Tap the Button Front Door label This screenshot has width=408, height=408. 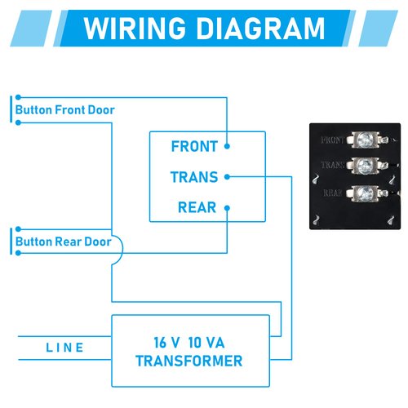(x=66, y=109)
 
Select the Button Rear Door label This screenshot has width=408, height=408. (x=63, y=242)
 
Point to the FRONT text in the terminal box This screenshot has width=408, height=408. (x=194, y=147)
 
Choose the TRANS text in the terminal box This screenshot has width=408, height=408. (x=194, y=177)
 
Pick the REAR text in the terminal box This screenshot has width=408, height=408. (x=197, y=207)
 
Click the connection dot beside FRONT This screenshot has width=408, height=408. (x=227, y=147)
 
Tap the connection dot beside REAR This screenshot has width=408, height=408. (x=227, y=207)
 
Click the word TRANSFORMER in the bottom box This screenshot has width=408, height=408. (x=189, y=361)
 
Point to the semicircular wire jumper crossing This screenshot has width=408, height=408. (x=118, y=250)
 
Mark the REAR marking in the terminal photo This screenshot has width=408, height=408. (x=332, y=193)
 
